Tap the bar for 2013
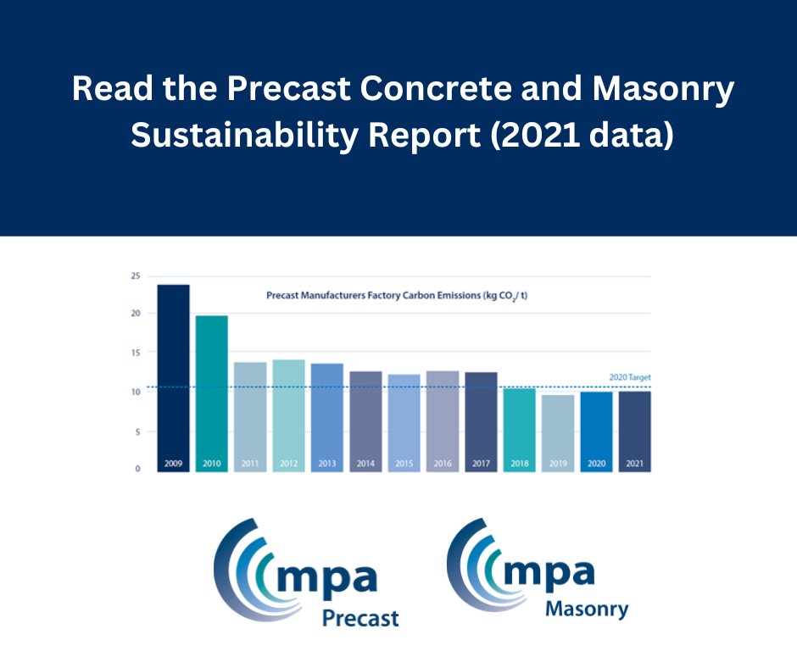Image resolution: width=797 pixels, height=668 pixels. pyautogui.click(x=327, y=416)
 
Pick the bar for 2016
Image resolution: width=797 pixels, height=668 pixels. pyautogui.click(x=443, y=420)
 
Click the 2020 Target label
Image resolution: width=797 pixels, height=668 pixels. pyautogui.click(x=629, y=377)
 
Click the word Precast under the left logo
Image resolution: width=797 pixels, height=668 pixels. pyautogui.click(x=359, y=618)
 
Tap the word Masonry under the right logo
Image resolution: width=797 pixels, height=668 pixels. pyautogui.click(x=587, y=609)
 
